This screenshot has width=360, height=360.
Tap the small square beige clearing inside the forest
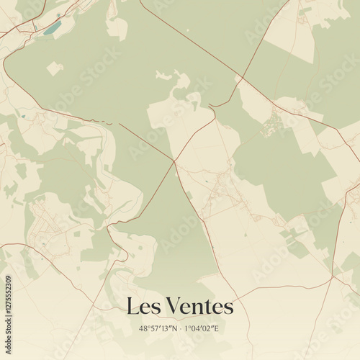coord(55,69)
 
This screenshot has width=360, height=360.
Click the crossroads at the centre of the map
coord(174,161)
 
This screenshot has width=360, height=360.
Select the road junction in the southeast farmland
coord(332,274)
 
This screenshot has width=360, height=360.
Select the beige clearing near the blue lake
coord(116,27)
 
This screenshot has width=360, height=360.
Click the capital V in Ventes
coord(174,307)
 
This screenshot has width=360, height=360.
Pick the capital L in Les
coord(132,307)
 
